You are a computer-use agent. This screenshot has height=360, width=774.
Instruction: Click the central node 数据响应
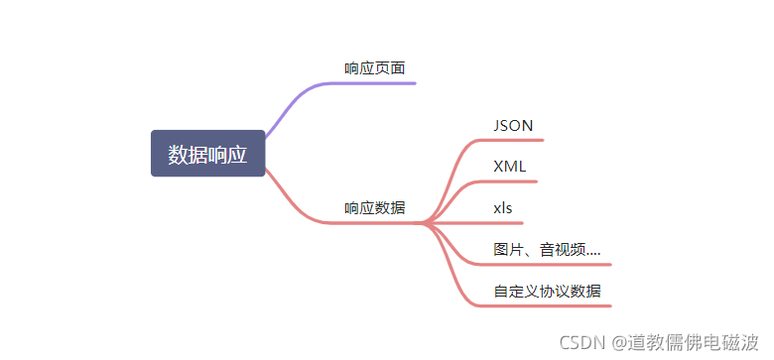coord(208,154)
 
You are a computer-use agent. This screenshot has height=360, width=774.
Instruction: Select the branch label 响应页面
coord(374,68)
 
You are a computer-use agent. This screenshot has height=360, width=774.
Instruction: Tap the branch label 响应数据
coord(374,208)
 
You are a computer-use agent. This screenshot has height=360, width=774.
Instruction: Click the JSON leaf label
coord(513,125)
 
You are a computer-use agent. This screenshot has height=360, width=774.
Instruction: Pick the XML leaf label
coord(510,166)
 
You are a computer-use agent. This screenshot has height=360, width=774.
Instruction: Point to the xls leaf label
coord(503,207)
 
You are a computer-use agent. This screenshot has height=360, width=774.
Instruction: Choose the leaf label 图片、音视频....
coord(547,250)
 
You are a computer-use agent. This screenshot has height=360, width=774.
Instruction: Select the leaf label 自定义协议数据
coord(547,292)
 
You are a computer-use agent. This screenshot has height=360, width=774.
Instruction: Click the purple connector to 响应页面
coord(298,94)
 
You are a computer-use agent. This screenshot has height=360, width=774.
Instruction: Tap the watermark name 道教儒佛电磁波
coord(696,342)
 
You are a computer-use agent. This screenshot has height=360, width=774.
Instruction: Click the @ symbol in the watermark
coord(618,342)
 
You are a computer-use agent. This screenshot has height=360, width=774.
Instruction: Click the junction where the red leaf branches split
coord(425,223)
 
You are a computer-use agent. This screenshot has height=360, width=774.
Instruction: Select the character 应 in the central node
coord(238,154)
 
